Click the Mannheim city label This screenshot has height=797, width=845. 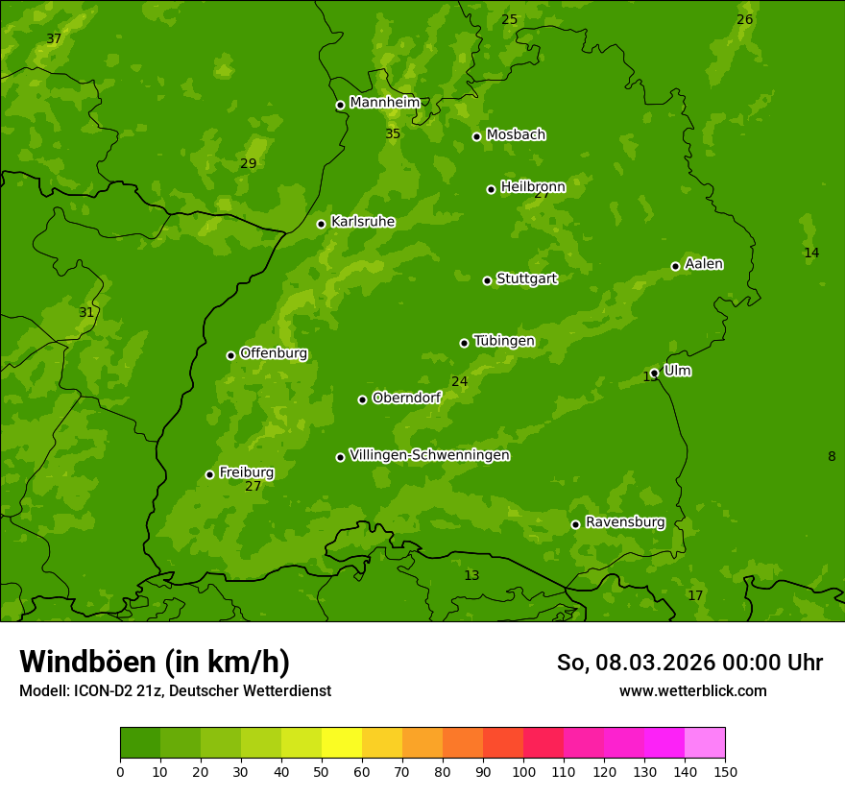pos(384,103)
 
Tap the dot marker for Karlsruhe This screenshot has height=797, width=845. pos(321,224)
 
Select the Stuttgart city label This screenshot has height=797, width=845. pos(526,278)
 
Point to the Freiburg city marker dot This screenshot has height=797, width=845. pos(209,474)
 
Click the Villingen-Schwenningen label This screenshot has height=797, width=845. pos(429,455)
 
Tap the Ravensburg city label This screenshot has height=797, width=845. pos(624,522)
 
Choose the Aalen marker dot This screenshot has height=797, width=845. pos(675,266)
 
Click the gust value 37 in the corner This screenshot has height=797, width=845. pos(54,38)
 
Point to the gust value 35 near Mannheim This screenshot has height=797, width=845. pos(393,133)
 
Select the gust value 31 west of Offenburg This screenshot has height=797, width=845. pos(86,312)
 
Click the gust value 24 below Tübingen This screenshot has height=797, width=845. pos(460,381)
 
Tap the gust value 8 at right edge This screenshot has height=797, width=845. pos(832,456)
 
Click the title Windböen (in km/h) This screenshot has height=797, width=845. pos(155,662)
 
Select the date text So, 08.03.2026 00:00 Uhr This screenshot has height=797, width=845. pos(689,663)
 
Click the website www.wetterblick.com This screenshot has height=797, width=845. pos(692,690)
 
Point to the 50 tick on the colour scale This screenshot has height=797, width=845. pos(322,770)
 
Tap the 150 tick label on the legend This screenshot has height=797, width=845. pos(725,770)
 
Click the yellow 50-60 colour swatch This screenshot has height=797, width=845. pos(342,743)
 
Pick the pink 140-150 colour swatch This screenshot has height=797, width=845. pos(705,743)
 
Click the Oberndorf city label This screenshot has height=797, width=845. pos(406,398)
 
